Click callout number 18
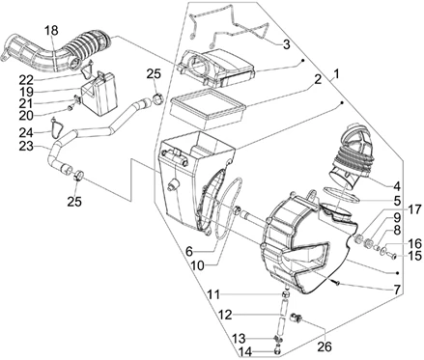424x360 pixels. [x=51, y=31]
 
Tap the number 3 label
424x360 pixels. [x=287, y=44]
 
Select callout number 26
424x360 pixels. [x=325, y=346]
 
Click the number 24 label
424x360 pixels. [x=26, y=132]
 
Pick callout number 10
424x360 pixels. [x=197, y=265]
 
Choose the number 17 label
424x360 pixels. [x=414, y=209]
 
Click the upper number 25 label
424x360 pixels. [x=154, y=74]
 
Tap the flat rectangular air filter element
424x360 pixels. [x=208, y=108]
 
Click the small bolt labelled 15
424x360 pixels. [x=392, y=256]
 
